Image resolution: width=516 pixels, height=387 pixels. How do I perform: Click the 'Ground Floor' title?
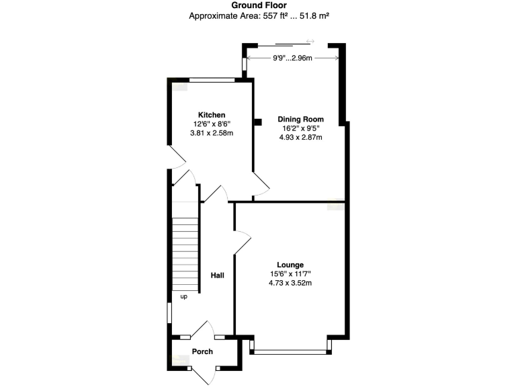pyautogui.click(x=257, y=5)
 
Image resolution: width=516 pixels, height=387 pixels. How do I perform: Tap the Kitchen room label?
pyautogui.click(x=211, y=115)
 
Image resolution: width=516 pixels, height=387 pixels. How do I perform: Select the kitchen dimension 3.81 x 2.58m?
pyautogui.click(x=211, y=133)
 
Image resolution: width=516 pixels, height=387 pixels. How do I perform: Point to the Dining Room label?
pyautogui.click(x=300, y=120)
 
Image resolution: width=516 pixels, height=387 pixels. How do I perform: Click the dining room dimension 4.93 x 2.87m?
pyautogui.click(x=300, y=138)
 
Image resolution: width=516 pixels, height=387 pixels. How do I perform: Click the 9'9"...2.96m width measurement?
pyautogui.click(x=293, y=58)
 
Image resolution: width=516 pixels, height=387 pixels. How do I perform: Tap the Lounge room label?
pyautogui.click(x=290, y=265)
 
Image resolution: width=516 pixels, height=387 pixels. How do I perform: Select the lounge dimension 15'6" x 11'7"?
pyautogui.click(x=290, y=274)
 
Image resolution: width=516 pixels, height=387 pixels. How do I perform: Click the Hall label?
pyautogui.click(x=217, y=275)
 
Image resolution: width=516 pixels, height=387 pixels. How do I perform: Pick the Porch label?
pyautogui.click(x=202, y=351)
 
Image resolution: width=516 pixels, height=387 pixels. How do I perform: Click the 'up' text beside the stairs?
pyautogui.click(x=183, y=296)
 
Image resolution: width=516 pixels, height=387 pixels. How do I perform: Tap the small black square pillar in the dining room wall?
pyautogui.click(x=257, y=122)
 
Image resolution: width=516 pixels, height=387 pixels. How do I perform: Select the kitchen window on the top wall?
pyautogui.click(x=212, y=80)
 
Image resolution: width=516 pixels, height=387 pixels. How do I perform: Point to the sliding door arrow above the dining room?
pyautogui.click(x=310, y=42)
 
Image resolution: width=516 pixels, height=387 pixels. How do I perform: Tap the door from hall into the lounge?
pyautogui.click(x=241, y=243)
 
